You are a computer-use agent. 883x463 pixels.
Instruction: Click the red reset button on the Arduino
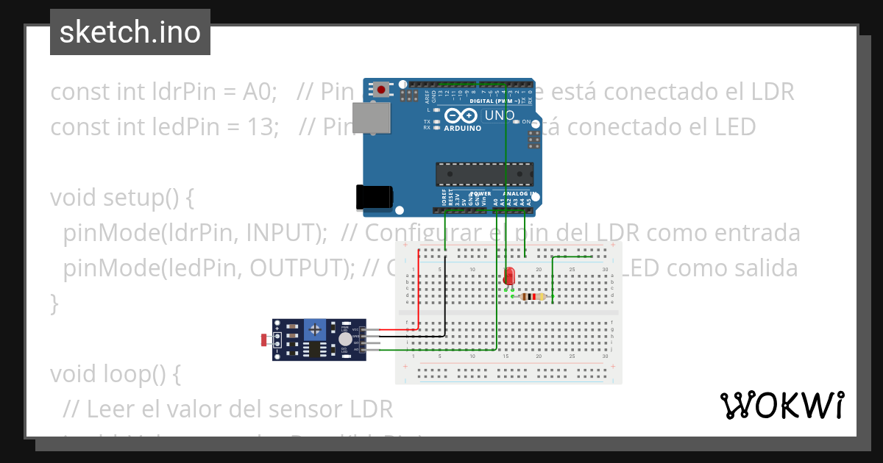coord(381,90)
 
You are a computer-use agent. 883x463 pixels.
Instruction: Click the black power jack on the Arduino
coord(374,196)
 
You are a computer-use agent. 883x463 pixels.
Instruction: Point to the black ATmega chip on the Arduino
coord(484,173)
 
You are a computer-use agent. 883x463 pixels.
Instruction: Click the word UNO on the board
coord(500,115)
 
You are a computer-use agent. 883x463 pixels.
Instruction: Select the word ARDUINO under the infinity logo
coord(462,128)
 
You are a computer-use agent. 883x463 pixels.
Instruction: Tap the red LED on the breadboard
coord(509,276)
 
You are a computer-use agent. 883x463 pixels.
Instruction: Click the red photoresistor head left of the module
coord(265,340)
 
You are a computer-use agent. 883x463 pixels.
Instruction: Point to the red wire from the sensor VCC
coord(419,294)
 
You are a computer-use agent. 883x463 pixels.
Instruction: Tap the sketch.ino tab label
coord(130,32)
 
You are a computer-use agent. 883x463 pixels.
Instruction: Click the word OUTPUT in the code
coord(295,268)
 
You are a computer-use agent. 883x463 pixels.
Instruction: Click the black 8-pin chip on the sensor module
coord(315,350)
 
